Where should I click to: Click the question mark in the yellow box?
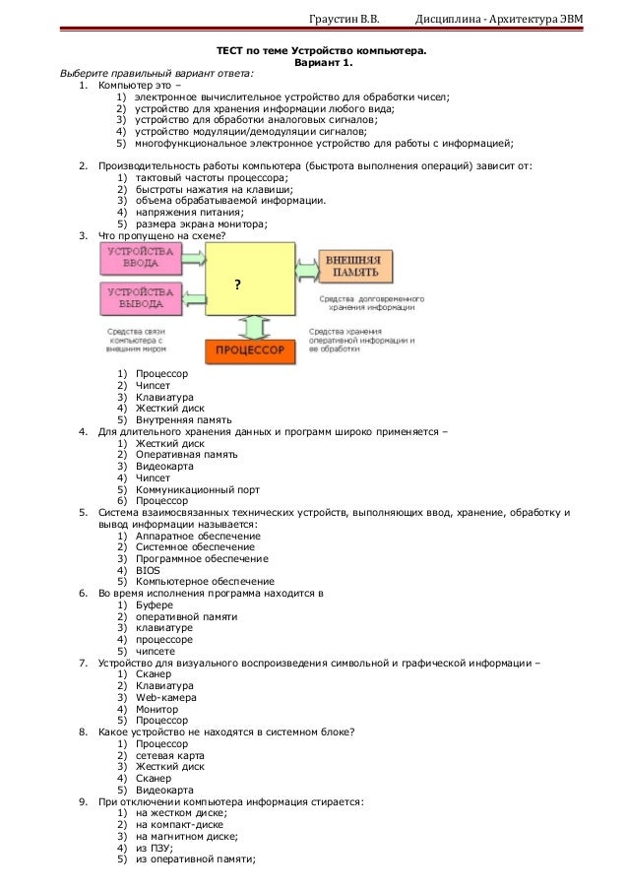click(237, 284)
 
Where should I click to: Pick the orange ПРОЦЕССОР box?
click(251, 350)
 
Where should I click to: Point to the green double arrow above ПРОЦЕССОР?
click(252, 325)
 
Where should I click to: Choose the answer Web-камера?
click(166, 697)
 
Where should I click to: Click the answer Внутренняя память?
click(184, 418)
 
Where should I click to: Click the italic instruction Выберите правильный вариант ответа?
click(157, 73)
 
